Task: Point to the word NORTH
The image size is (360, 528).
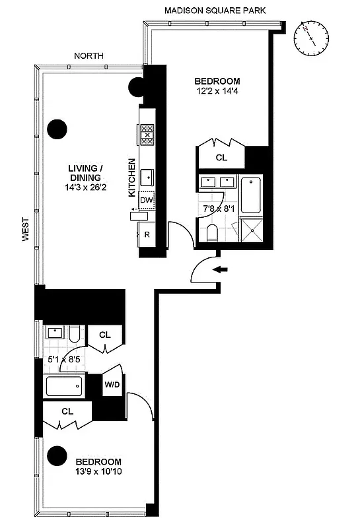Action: tap(89, 56)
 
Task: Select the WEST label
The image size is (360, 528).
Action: tap(26, 230)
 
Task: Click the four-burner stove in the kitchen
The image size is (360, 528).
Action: tap(147, 135)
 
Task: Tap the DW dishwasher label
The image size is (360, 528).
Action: tap(147, 199)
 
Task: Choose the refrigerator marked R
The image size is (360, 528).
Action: tap(147, 234)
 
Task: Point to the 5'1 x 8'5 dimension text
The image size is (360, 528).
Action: tap(61, 360)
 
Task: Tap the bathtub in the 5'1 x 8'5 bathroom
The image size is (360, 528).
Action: tap(63, 385)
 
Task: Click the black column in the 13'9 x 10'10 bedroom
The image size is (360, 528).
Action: tap(57, 455)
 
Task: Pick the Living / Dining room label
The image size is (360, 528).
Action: tap(85, 173)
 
